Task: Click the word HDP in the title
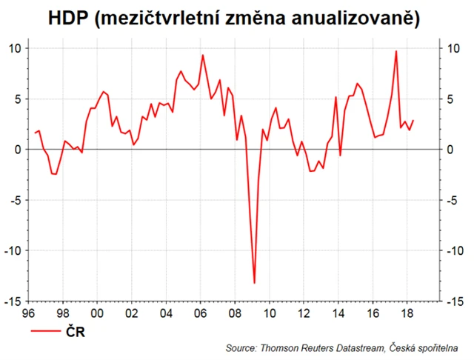click(71, 19)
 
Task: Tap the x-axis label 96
click(29, 313)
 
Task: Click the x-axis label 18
click(406, 313)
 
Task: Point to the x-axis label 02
click(131, 313)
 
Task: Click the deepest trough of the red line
click(254, 283)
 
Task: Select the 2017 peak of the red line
click(396, 51)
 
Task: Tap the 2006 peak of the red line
click(203, 55)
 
